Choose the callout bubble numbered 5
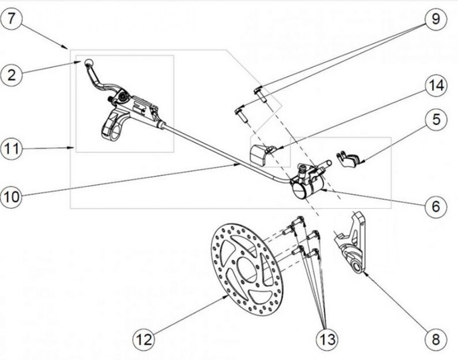(436, 119)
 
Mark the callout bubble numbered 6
(436, 205)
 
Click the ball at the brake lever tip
(89, 62)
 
